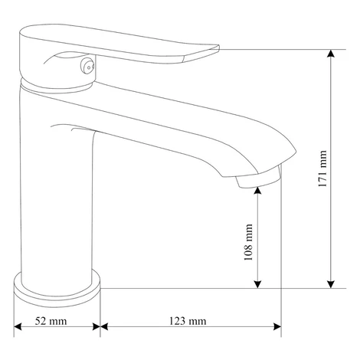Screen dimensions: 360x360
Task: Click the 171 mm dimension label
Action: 322,169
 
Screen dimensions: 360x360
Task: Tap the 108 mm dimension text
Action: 248,242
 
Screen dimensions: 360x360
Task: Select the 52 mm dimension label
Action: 51,321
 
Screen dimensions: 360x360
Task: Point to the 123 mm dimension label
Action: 188,321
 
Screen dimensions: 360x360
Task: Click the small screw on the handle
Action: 87,67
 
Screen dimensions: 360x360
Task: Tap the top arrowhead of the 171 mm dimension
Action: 331,54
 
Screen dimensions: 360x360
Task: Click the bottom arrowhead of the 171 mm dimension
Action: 331,284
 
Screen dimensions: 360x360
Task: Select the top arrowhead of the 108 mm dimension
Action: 258,191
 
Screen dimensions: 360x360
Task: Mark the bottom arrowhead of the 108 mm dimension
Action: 258,284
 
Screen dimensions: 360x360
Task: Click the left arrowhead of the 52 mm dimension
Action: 18,326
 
